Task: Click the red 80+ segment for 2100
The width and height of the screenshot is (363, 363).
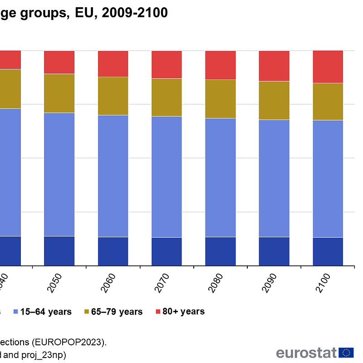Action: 328,67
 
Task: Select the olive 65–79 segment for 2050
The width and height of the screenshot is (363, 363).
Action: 59,93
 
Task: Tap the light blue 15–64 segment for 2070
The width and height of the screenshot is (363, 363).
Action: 167,177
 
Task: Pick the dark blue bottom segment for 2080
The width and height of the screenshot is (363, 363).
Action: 221,251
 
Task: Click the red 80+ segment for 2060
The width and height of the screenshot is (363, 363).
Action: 113,64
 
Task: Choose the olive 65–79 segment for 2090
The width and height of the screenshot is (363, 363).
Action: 274,100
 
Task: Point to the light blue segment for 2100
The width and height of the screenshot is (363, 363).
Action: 328,178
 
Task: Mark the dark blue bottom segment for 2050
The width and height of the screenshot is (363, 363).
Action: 59,250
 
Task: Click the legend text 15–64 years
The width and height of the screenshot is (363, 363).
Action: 46,312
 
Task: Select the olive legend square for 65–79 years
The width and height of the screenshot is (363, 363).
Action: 87,312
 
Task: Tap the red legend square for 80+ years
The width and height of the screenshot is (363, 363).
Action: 158,312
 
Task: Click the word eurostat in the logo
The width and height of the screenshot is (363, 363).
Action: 306,353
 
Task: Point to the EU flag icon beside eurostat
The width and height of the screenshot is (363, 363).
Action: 347,353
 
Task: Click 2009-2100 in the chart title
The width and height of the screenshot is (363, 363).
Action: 135,13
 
